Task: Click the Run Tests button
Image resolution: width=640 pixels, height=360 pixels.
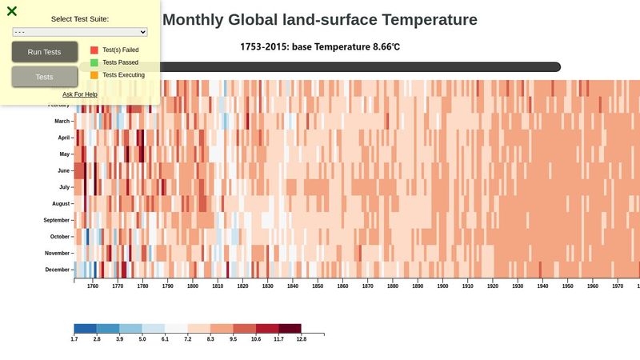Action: point(45,52)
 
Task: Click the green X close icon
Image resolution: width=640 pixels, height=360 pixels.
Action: point(12,11)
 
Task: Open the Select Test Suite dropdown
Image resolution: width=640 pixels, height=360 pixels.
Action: point(80,32)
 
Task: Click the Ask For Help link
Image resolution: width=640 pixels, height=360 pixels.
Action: point(80,94)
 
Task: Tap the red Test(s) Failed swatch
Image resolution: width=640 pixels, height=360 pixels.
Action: point(94,50)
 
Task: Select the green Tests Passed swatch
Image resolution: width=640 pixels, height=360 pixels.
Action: point(94,62)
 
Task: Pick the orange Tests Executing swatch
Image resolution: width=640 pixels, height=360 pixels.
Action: point(94,75)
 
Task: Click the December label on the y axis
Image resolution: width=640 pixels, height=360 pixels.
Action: point(58,270)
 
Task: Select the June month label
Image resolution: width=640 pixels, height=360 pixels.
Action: point(64,170)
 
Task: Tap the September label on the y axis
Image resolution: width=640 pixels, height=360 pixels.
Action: point(57,220)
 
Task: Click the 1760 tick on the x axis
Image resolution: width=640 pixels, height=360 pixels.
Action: point(92,286)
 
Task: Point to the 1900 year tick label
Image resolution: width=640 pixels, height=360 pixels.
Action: point(442,286)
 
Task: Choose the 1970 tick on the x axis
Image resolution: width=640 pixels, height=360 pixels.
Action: point(618,286)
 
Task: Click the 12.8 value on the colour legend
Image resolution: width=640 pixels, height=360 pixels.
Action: point(301,339)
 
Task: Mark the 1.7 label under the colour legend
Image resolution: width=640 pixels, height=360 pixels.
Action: point(74,339)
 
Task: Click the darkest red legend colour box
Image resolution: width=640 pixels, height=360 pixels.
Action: point(290,328)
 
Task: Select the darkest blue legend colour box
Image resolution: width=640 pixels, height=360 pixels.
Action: point(85,328)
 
